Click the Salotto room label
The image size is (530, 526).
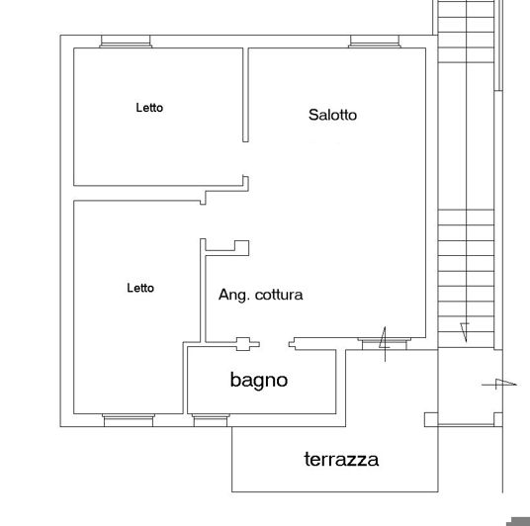[332, 115]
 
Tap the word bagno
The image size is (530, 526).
[258, 379]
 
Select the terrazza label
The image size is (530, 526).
[341, 459]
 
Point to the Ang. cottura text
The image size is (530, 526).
[260, 295]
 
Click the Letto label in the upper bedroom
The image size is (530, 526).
[149, 108]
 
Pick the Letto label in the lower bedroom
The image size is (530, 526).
[140, 288]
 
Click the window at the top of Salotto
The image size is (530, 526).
[376, 42]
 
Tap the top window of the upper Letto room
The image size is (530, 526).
[126, 42]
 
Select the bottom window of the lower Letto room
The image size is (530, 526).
[129, 420]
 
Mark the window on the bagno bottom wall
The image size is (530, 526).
[211, 420]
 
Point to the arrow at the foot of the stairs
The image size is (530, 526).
[463, 329]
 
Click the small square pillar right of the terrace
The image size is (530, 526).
[430, 420]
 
